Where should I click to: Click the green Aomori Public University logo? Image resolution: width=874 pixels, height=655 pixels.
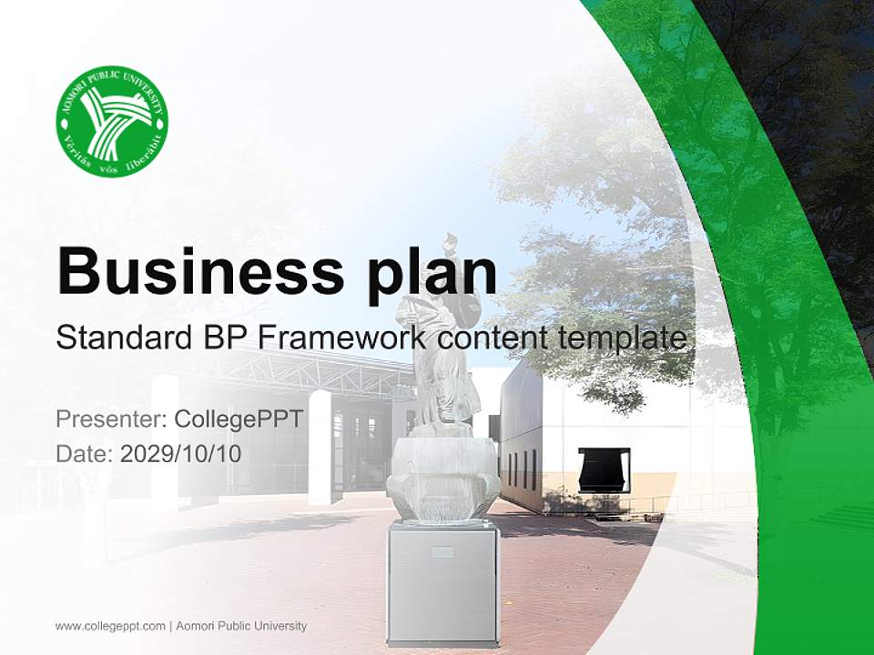[x=112, y=121]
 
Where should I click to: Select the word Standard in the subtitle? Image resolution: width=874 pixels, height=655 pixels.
[x=120, y=338]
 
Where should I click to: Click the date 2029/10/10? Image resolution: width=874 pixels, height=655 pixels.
[x=181, y=453]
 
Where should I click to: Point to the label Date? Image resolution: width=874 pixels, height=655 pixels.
[x=85, y=453]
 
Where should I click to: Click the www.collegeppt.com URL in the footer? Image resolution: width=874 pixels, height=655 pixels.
[x=110, y=626]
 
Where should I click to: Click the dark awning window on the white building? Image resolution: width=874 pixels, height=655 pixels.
[x=605, y=469]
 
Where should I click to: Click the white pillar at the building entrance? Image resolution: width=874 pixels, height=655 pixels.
[x=320, y=446]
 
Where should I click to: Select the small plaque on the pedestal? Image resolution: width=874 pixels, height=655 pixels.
[x=442, y=551]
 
